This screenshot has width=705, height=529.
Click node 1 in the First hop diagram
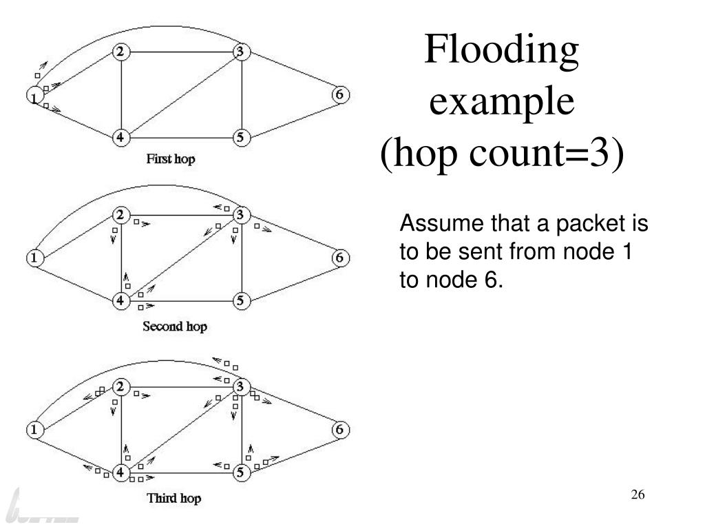pos(33,97)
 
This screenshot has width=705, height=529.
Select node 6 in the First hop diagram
pos(339,94)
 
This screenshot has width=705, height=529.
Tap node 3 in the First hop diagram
pos(240,52)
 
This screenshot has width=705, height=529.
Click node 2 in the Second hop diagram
pos(120,215)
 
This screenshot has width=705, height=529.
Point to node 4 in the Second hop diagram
pos(120,301)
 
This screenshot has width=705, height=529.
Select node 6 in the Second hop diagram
pos(339,258)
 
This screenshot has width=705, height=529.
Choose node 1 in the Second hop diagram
pos(33,259)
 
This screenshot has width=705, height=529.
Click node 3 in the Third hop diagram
pos(240,386)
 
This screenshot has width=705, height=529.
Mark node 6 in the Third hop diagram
pos(339,430)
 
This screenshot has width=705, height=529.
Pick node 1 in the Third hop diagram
pos(33,430)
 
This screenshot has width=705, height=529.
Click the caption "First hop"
pos(170,159)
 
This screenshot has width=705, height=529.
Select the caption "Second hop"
pos(174,326)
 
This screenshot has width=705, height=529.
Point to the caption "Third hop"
pos(174,497)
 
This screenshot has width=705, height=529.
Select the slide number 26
pos(637,495)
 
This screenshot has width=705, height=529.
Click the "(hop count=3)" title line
pos(503,156)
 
